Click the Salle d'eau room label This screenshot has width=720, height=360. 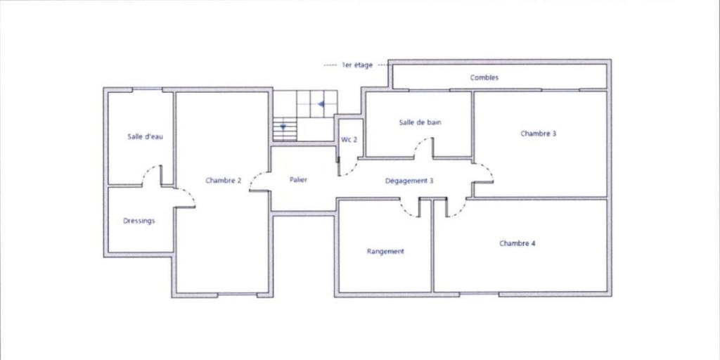(x=145, y=136)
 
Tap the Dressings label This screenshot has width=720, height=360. (x=139, y=221)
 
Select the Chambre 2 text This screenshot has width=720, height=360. (x=223, y=181)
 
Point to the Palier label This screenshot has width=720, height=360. (x=298, y=179)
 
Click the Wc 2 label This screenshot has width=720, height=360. (x=349, y=140)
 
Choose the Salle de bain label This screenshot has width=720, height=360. (x=420, y=122)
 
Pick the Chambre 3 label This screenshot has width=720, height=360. (x=539, y=134)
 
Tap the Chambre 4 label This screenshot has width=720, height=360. (x=517, y=243)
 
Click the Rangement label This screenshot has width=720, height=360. (x=385, y=251)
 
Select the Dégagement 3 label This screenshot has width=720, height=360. (x=409, y=181)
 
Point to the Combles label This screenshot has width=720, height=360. (x=484, y=77)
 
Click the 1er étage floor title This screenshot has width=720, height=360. (x=357, y=65)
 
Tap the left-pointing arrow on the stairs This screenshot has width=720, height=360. (x=321, y=104)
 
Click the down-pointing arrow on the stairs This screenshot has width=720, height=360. (x=283, y=127)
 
